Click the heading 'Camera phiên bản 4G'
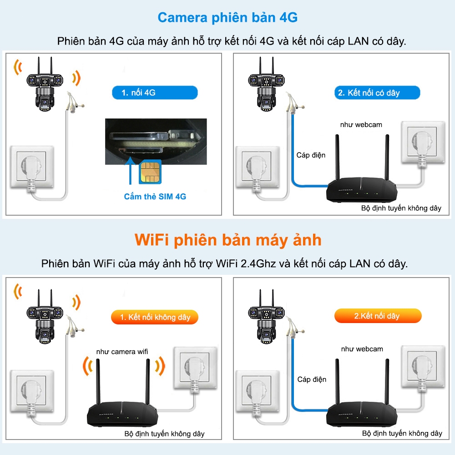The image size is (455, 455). (x=227, y=18)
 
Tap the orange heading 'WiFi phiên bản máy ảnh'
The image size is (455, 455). (x=227, y=240)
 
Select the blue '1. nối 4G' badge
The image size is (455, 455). (x=155, y=93)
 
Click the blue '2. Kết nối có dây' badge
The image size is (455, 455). (x=377, y=93)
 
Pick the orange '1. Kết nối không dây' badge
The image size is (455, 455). (x=155, y=317)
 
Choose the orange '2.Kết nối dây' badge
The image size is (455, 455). (x=377, y=316)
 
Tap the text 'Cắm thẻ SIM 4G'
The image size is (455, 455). (x=155, y=197)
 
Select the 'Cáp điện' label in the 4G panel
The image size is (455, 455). (x=311, y=155)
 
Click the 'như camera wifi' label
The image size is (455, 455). (x=122, y=352)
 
